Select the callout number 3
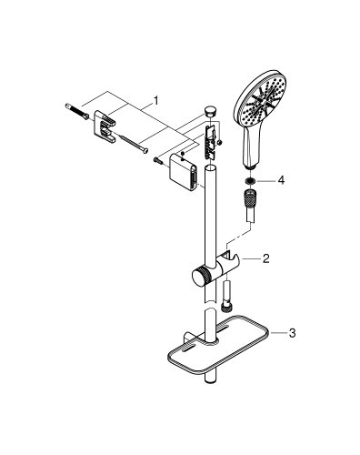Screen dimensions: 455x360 (291, 332)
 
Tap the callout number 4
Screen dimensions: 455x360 (282, 181)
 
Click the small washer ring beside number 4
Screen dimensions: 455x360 (249, 181)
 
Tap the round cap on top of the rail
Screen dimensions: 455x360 (211, 111)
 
